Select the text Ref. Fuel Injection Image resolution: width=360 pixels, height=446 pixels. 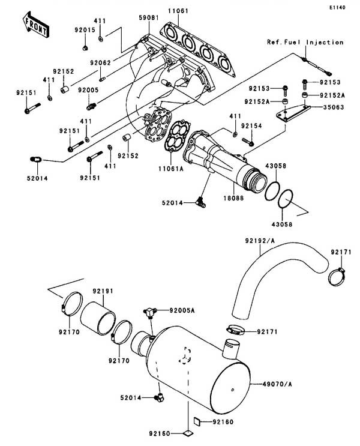305,43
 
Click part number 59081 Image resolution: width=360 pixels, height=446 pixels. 147,19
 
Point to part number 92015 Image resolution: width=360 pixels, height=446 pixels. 85,29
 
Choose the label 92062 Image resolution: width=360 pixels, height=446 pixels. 101,62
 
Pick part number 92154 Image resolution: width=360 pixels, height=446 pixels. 251,125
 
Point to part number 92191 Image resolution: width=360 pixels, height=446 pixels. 103,291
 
